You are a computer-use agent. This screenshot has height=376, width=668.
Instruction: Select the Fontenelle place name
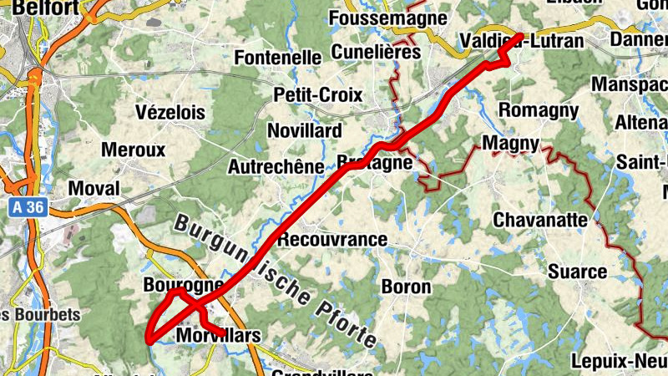(x=278, y=58)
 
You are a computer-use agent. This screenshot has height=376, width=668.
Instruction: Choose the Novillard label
(x=304, y=131)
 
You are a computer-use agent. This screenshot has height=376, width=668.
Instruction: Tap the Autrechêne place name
(x=276, y=166)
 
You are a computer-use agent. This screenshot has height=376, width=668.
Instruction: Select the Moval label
(x=94, y=188)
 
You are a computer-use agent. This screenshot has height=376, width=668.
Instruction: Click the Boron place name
(x=407, y=287)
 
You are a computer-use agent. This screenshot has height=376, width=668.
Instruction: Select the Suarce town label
(x=577, y=272)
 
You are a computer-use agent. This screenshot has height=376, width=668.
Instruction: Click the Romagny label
(x=538, y=109)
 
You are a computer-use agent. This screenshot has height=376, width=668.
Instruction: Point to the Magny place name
(x=510, y=144)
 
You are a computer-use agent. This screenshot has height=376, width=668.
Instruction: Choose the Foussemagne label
(x=383, y=18)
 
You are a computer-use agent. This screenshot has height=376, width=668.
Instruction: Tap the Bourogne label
(x=183, y=284)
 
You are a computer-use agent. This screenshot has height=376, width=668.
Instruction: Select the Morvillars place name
(x=220, y=336)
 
